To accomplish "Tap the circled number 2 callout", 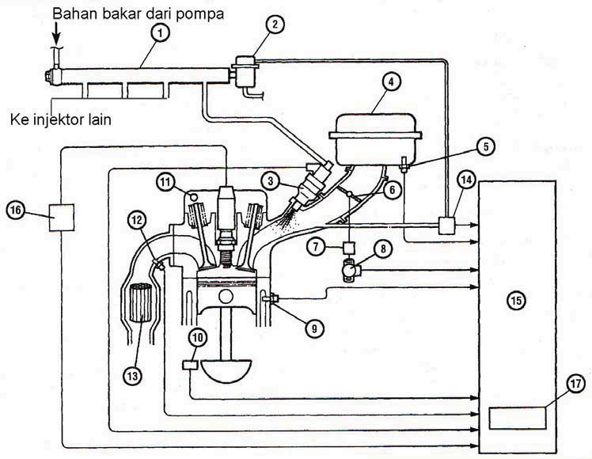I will tap(275, 25).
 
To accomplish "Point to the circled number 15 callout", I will tap(517, 301).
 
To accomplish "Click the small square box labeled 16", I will tap(63, 216).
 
